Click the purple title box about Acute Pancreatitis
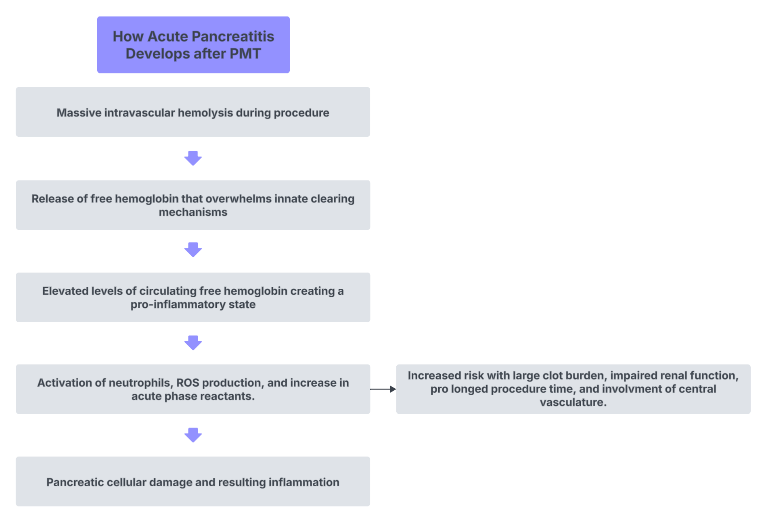click(x=193, y=45)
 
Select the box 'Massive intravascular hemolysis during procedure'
click(x=193, y=112)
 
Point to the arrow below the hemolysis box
click(x=193, y=158)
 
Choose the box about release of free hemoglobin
click(x=193, y=205)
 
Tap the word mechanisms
click(x=193, y=212)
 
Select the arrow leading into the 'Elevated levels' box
click(x=193, y=250)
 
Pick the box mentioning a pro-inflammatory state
click(x=193, y=297)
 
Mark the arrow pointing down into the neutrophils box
click(x=193, y=343)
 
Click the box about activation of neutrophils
click(x=193, y=389)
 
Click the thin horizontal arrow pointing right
click(x=383, y=389)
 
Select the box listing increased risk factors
click(x=573, y=389)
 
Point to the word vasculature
click(x=573, y=402)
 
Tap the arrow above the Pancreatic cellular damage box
click(x=193, y=435)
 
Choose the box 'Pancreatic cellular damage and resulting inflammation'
click(x=193, y=481)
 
